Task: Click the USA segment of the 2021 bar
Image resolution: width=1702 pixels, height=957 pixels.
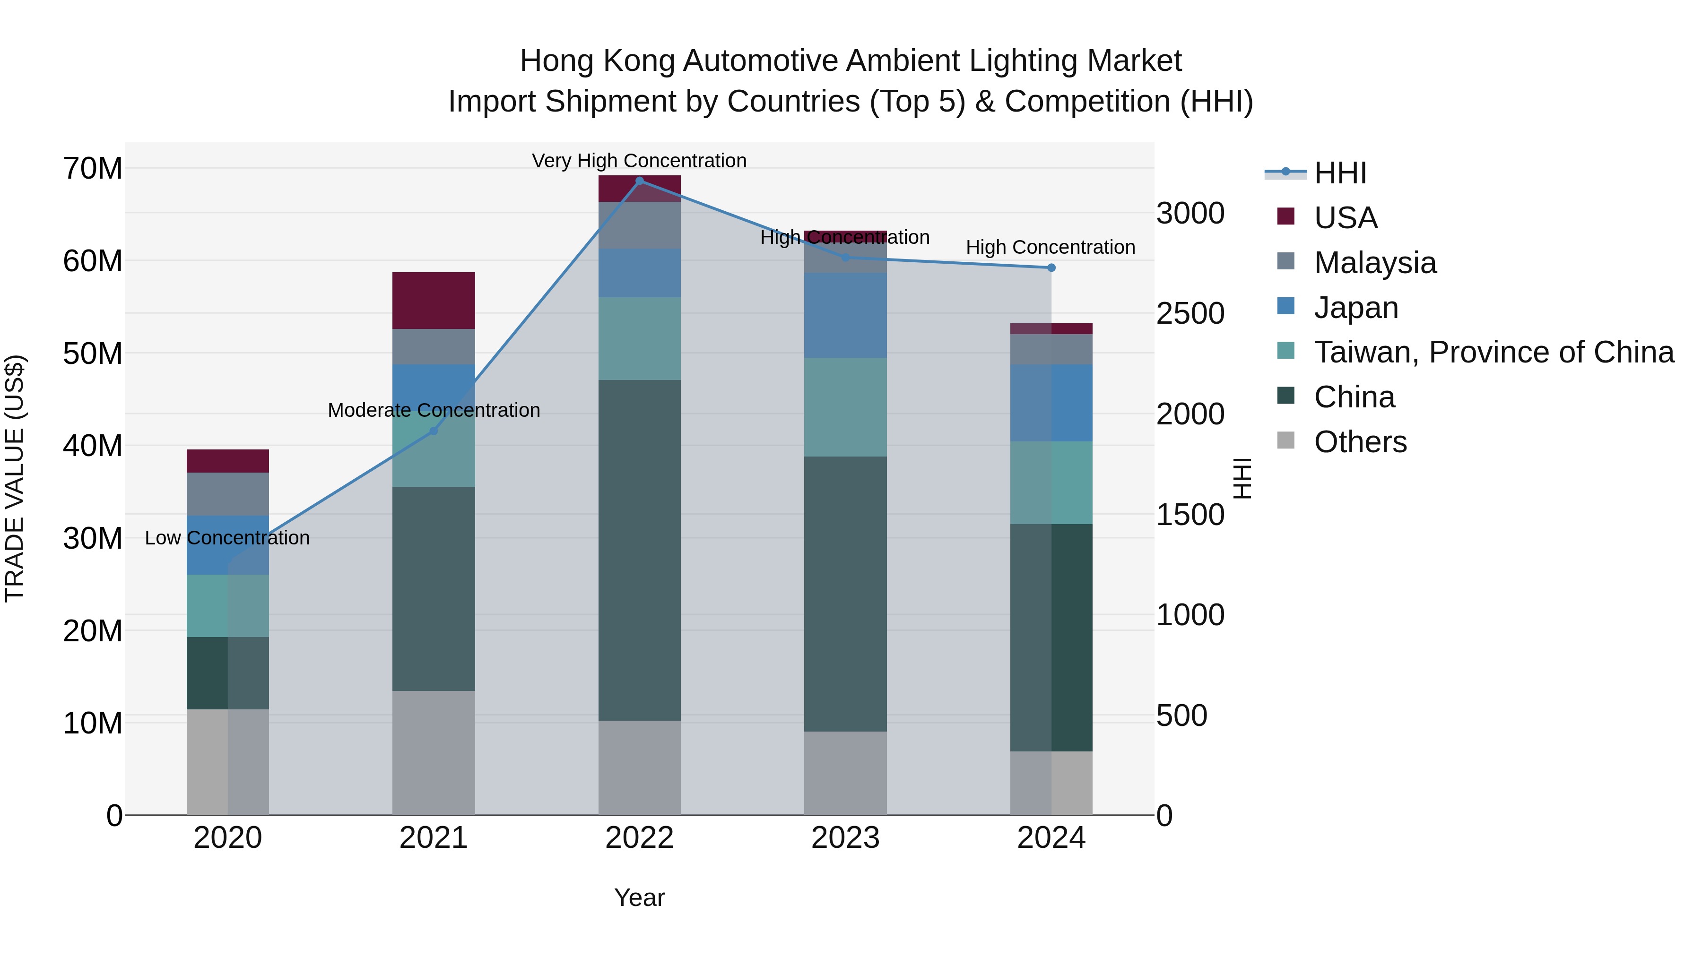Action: (434, 301)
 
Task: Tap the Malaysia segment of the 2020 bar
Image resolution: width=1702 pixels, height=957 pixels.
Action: (227, 494)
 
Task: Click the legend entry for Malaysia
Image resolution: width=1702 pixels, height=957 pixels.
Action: (1374, 263)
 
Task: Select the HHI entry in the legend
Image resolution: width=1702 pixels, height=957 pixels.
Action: (1339, 173)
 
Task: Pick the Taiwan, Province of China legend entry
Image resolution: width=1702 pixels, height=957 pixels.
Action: (1493, 352)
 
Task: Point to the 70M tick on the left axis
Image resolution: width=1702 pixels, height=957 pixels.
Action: (93, 168)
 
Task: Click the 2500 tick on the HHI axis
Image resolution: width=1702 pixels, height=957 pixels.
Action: (1190, 314)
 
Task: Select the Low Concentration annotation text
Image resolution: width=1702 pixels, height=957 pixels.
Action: (227, 538)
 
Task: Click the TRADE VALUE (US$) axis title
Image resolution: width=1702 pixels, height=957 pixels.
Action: (15, 478)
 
